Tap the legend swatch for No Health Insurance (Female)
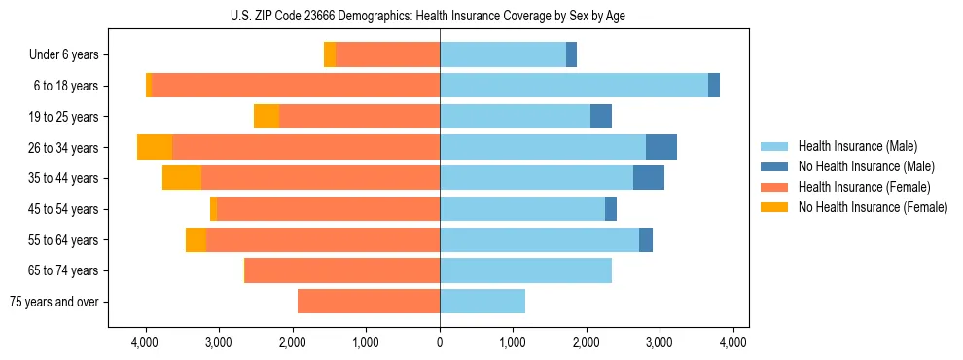[x=775, y=207]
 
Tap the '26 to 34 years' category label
[x=65, y=148]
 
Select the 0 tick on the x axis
[x=440, y=342]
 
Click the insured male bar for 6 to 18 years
[x=574, y=86]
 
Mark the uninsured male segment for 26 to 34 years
[x=661, y=147]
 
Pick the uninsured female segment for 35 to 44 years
[x=182, y=178]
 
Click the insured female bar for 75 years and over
[x=369, y=302]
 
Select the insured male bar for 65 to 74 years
[x=525, y=270]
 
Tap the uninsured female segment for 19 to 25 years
[x=267, y=117]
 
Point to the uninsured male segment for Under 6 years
[x=571, y=55]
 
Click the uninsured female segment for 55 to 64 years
[x=196, y=240]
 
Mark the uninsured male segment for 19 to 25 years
[x=601, y=117]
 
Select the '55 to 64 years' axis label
[x=65, y=240]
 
